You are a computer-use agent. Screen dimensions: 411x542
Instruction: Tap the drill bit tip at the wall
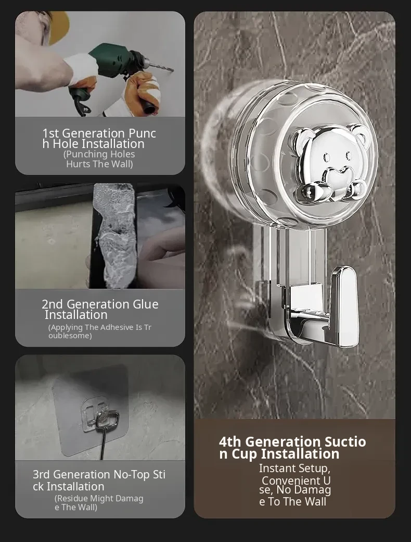coord(173,70)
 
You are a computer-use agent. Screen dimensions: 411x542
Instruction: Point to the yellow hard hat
coord(59,27)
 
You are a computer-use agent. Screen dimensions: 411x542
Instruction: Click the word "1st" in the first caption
coord(50,133)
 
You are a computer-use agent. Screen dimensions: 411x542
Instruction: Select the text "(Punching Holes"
coord(99,154)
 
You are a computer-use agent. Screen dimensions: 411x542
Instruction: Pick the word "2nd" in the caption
coord(52,304)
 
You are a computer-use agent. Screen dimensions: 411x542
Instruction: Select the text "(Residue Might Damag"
coord(99,498)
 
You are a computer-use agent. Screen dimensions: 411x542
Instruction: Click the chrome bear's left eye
coord(326,157)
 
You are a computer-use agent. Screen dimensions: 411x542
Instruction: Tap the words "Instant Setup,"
coord(294,469)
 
